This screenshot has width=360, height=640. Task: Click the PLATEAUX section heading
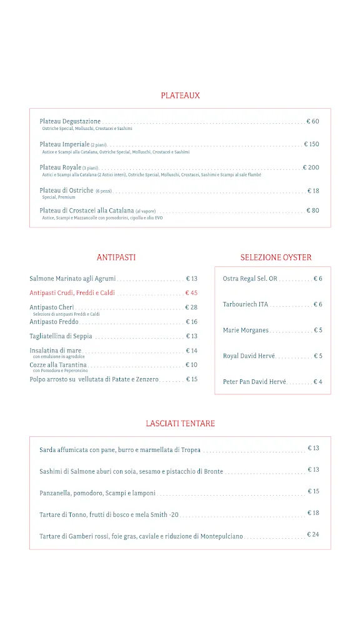point(180,96)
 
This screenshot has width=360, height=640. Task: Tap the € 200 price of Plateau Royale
point(311,167)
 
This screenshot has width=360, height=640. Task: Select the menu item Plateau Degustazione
point(70,121)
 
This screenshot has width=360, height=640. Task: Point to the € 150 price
point(311,144)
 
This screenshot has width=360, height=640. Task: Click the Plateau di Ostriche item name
point(66,191)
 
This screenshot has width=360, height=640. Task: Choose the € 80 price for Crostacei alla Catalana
point(312,211)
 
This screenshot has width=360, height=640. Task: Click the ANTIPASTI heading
point(116,257)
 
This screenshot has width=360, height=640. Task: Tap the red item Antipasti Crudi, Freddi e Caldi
point(72,292)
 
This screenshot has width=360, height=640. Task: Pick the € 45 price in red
point(191,292)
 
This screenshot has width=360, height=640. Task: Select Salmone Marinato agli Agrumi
point(72,279)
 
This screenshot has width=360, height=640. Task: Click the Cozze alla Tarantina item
point(58,365)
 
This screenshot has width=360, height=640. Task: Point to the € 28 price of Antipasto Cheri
point(191,307)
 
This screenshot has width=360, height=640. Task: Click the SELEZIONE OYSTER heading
point(276,257)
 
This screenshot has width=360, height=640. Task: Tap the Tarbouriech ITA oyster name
point(245,304)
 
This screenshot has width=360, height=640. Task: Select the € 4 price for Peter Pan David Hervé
point(317,382)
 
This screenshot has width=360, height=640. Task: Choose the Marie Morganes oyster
point(246,330)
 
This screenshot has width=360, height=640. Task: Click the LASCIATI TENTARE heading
point(180,424)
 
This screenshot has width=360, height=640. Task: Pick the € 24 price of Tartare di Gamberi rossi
point(313,535)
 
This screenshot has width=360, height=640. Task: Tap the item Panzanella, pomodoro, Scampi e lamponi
point(97,493)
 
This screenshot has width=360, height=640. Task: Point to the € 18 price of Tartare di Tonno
point(313,513)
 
